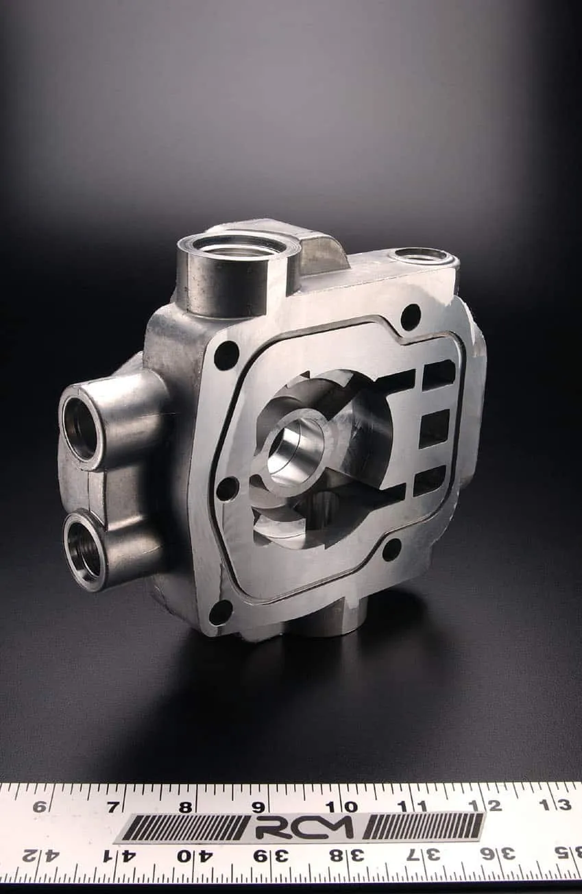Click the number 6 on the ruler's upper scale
39,807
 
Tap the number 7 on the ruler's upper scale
113,808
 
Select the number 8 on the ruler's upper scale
185,808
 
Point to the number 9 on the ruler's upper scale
258,808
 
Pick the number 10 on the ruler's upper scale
341,807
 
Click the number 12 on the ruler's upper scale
487,806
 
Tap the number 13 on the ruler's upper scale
559,805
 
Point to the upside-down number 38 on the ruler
346,855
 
